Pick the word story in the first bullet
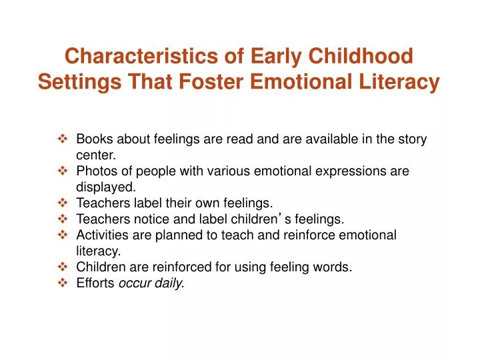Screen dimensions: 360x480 tap(411, 140)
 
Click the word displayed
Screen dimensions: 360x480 tap(101, 187)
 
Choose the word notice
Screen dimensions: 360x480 tap(146, 218)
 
